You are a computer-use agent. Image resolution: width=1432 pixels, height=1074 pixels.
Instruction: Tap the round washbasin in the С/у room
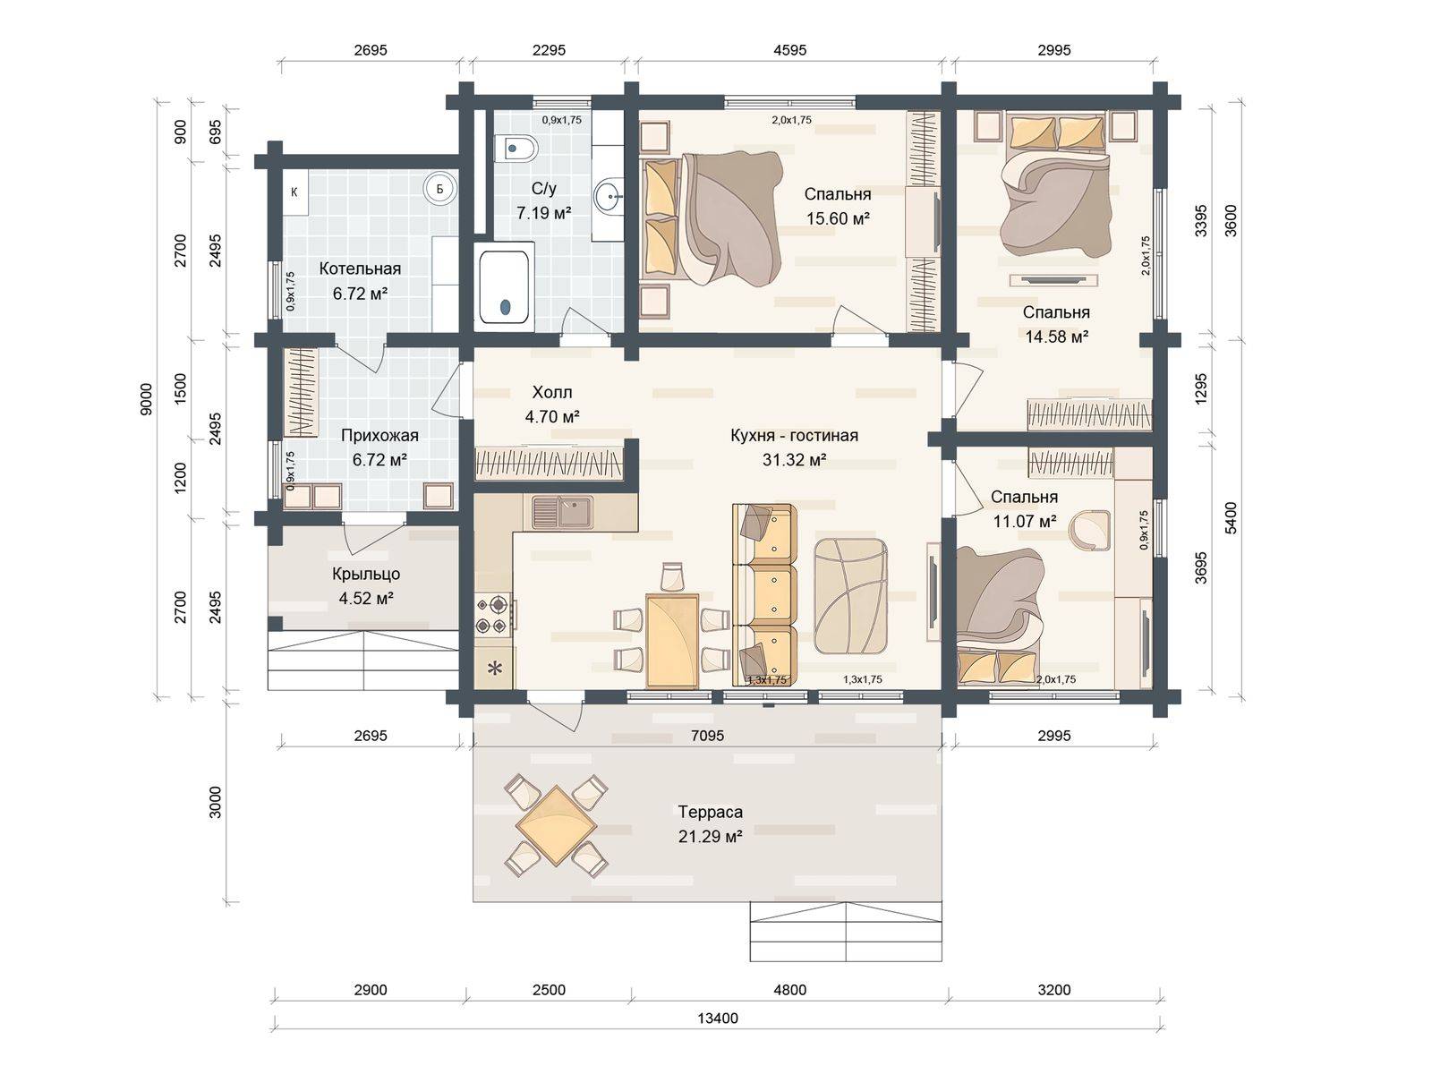[609, 193]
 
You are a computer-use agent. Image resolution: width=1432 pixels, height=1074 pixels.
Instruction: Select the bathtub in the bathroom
[504, 287]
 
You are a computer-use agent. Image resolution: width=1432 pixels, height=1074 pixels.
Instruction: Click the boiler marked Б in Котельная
[439, 189]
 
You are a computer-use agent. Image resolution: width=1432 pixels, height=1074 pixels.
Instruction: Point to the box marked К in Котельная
[294, 192]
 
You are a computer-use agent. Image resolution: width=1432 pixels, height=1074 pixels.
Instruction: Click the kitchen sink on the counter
[562, 512]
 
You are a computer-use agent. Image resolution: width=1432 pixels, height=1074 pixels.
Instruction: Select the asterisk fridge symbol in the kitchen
[495, 668]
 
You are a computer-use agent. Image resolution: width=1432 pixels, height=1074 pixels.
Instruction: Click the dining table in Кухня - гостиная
[672, 640]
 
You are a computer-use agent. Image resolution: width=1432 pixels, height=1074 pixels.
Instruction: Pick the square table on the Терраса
[556, 825]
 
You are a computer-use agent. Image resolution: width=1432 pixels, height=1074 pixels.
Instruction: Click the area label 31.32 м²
[794, 460]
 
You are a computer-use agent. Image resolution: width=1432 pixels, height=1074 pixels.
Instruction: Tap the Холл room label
[552, 392]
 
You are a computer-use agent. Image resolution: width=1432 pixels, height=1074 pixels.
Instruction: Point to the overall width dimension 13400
[718, 1019]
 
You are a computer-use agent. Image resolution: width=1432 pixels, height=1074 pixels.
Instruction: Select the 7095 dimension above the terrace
[707, 736]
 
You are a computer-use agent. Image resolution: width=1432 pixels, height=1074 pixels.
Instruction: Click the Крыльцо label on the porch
[366, 574]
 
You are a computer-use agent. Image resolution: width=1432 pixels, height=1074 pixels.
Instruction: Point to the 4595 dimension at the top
[790, 50]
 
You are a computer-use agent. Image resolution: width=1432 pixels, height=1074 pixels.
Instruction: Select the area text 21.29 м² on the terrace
[710, 836]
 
